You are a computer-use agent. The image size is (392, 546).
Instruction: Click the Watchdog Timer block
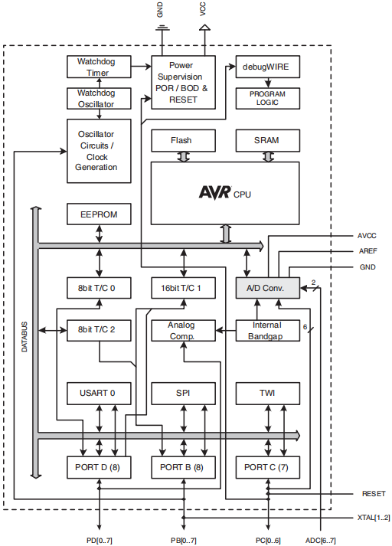[x=99, y=67]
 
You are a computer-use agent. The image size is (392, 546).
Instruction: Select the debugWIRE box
[x=268, y=67]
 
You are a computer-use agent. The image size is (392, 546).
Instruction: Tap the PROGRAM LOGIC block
[x=268, y=99]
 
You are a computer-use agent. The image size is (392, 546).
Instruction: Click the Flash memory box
[x=183, y=140]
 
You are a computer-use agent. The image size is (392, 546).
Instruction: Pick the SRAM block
[x=268, y=140]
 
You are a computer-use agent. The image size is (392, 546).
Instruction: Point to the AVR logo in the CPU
[x=215, y=192]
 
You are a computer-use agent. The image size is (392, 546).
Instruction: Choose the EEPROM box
[x=99, y=214]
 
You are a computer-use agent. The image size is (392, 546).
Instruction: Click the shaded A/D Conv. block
[x=268, y=288]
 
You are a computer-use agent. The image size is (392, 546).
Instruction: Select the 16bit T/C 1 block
[x=183, y=288]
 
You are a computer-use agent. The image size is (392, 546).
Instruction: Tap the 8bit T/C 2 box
[x=99, y=330]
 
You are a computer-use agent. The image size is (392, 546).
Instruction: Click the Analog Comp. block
[x=183, y=330]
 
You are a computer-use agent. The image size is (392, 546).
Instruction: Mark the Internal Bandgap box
[x=268, y=330]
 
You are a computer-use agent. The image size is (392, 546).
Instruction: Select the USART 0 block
[x=99, y=394]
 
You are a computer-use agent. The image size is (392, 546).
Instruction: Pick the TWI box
[x=268, y=394]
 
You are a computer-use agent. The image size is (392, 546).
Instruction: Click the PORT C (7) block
[x=268, y=467]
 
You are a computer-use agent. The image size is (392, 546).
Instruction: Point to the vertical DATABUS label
[x=24, y=337]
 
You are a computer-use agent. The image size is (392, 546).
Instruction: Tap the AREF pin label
[x=368, y=251]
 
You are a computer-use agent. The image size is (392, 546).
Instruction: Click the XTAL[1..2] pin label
[x=374, y=518]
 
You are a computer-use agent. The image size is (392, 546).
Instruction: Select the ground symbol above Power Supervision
[x=162, y=28]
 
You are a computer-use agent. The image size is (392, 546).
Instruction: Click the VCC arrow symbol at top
[x=204, y=28]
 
